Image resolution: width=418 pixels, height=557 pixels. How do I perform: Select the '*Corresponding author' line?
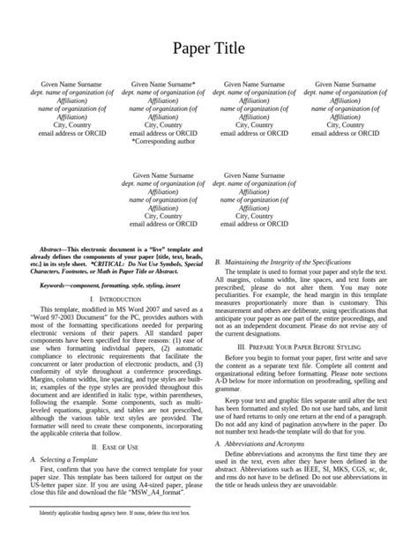[163, 141]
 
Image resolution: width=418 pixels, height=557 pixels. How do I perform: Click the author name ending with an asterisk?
[163, 85]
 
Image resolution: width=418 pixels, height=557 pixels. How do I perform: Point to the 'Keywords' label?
[56, 286]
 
